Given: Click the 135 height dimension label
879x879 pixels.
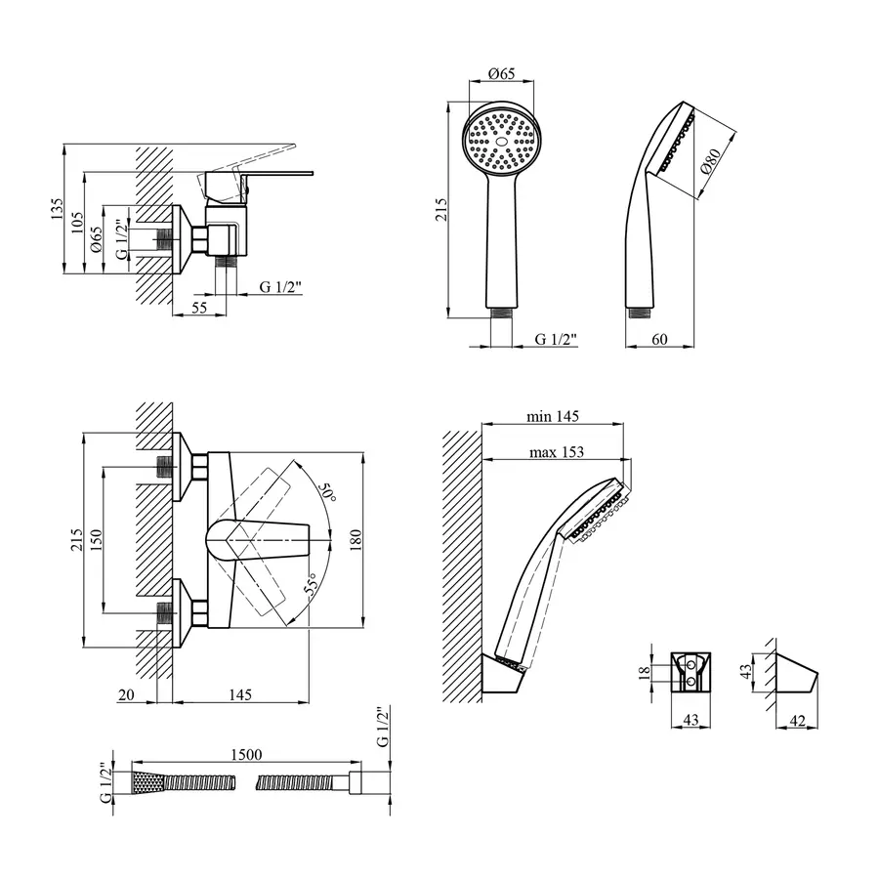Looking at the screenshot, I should coord(58,207).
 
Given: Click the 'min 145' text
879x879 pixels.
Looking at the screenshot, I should coord(553,416).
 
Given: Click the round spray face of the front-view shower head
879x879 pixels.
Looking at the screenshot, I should coord(502,140).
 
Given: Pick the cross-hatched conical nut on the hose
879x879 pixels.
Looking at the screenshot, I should coord(147,782).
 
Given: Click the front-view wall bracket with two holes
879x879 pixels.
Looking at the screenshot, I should coord(691,671).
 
